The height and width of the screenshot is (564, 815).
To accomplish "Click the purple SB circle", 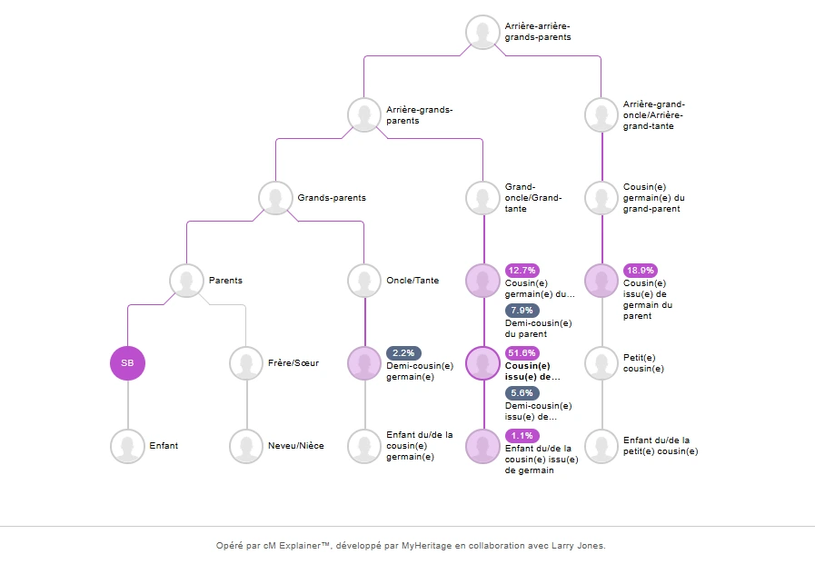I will (x=127, y=363).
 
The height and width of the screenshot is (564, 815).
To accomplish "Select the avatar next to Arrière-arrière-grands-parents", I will (x=482, y=32).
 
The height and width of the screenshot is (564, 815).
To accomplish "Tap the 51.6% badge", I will (x=522, y=352).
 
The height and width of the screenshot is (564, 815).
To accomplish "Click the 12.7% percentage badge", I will (x=522, y=270).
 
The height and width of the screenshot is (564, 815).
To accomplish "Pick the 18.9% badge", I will (x=641, y=270).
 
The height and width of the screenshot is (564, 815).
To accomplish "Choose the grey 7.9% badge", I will (x=522, y=311).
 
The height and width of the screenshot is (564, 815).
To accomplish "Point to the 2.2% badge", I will (x=403, y=352).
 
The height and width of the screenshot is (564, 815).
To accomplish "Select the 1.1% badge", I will (x=522, y=435).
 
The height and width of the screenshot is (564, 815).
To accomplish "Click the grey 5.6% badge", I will (x=522, y=393).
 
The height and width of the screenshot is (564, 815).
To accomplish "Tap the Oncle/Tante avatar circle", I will (x=364, y=281).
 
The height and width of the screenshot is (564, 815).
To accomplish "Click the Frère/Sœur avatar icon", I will (x=246, y=363).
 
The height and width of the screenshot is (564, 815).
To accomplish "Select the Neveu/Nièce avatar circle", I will (x=246, y=446).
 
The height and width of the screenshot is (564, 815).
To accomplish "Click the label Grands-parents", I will (x=332, y=197).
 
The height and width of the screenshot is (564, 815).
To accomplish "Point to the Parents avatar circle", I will (x=186, y=281).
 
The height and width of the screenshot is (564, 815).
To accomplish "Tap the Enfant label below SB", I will (x=164, y=446).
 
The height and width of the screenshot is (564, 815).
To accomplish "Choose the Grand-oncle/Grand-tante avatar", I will (x=482, y=197).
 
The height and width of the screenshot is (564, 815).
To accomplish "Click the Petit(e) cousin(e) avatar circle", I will (x=601, y=363).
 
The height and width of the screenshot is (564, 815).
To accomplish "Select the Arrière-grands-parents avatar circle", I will (x=364, y=115).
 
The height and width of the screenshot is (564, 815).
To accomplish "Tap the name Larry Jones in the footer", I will (x=578, y=546).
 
